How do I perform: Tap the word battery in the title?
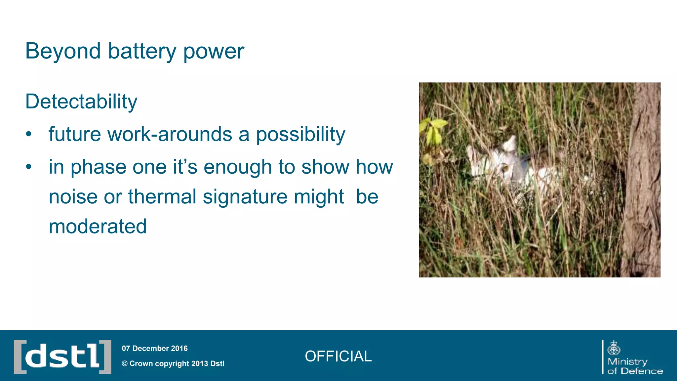[x=142, y=51]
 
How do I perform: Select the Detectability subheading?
[x=81, y=102]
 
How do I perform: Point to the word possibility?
[x=300, y=135]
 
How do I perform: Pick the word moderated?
[x=98, y=227]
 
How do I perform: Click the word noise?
[x=73, y=197]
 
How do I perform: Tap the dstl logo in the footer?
[x=62, y=357]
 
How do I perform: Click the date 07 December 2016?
[x=154, y=348]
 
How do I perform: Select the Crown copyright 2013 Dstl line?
[x=173, y=363]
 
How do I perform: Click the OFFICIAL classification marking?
[x=338, y=356]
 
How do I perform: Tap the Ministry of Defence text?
[x=634, y=366]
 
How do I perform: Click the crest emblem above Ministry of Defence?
[x=614, y=348]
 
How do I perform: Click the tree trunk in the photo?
[x=643, y=179]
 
